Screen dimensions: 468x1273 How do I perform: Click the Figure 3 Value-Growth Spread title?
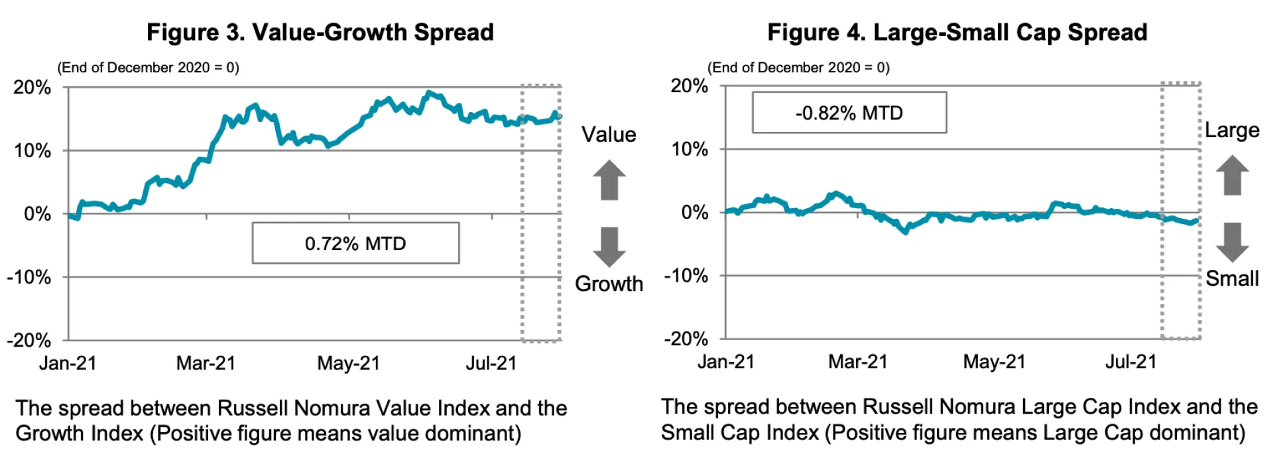tap(320, 32)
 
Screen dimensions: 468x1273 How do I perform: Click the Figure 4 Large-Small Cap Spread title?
tap(957, 32)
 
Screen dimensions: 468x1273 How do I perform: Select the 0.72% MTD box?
tap(355, 243)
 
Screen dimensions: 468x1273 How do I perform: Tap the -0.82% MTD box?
tap(849, 113)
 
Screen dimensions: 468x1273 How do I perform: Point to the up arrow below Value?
tap(609, 180)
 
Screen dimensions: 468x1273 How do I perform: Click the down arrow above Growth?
tap(609, 247)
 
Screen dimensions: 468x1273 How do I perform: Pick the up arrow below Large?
tap(1232, 175)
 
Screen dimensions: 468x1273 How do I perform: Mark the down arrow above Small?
tap(1232, 243)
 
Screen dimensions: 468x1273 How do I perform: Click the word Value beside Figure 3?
tap(609, 135)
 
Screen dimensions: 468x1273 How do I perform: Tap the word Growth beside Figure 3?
tap(609, 284)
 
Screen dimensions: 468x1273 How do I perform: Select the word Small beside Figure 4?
tap(1232, 278)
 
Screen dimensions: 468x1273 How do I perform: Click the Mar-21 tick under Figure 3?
tap(206, 363)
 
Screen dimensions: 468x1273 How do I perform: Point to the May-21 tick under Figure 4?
tap(994, 362)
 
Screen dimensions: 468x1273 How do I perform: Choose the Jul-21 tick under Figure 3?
tap(491, 363)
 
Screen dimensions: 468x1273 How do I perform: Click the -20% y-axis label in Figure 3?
tap(29, 341)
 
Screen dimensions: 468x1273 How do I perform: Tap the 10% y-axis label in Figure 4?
tap(690, 149)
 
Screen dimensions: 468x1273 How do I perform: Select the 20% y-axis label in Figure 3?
tap(32, 88)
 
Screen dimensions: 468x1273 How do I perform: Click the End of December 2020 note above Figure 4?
tap(798, 68)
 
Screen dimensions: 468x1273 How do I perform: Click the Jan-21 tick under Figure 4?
tap(726, 362)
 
